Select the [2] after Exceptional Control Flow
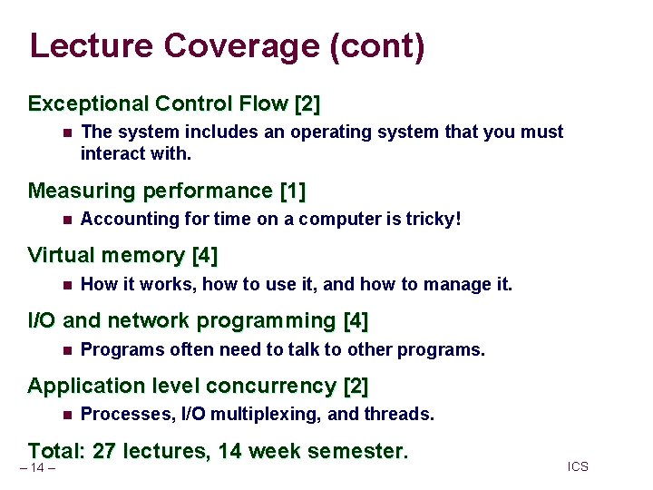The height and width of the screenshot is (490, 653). tap(306, 104)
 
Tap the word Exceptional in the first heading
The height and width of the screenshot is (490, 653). tap(89, 104)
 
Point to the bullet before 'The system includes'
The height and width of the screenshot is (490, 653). tap(66, 132)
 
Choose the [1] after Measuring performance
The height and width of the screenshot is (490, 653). tap(293, 191)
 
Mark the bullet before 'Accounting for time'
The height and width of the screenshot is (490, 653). tap(66, 219)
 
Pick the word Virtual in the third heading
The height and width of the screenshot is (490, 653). tap(61, 256)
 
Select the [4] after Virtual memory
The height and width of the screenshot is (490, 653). tap(205, 256)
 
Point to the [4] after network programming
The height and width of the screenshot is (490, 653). tap(356, 320)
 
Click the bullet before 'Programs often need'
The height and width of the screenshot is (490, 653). tap(66, 349)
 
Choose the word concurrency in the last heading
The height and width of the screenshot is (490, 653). tap(271, 386)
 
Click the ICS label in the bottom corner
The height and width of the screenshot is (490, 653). tap(578, 466)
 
